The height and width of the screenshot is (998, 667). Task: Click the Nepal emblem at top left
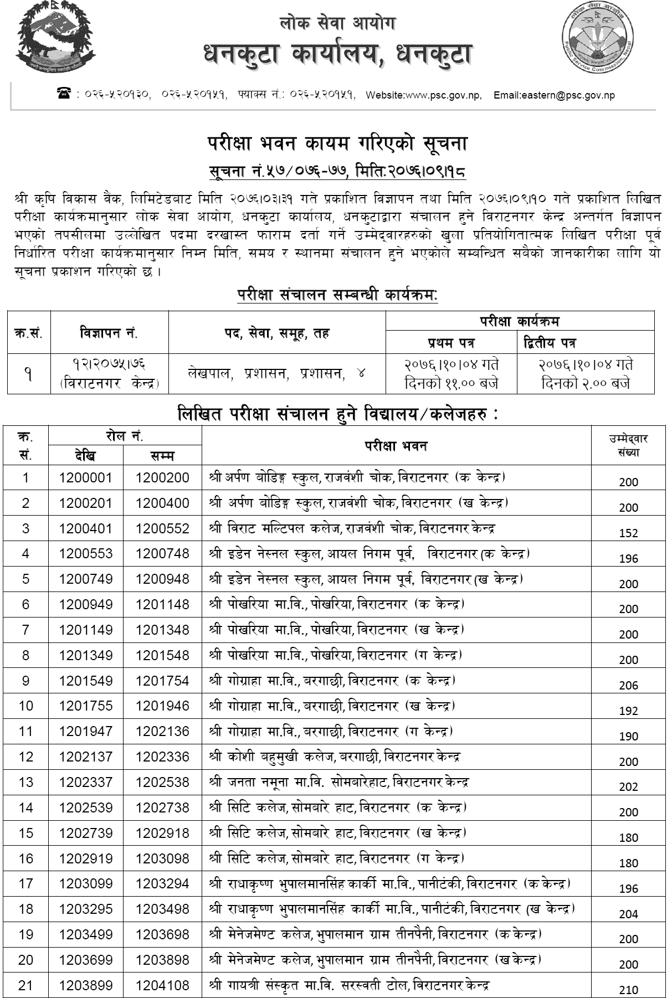[55, 40]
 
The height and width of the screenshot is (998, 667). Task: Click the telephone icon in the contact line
[63, 94]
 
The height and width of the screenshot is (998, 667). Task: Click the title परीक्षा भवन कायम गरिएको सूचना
[338, 144]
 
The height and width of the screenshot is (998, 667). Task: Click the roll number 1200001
[86, 477]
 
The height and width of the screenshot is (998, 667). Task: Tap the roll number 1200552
[162, 528]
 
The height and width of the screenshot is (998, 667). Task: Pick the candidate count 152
[629, 533]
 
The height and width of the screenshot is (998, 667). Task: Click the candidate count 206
[629, 686]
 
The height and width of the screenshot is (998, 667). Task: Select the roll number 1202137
[86, 757]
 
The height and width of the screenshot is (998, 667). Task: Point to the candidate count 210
[629, 990]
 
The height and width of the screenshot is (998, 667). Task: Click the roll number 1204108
[162, 985]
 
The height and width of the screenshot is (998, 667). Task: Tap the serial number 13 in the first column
[26, 782]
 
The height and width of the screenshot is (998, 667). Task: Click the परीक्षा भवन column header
[396, 445]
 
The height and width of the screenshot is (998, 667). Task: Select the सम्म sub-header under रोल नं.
[162, 456]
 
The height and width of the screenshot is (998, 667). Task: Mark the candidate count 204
[629, 914]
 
